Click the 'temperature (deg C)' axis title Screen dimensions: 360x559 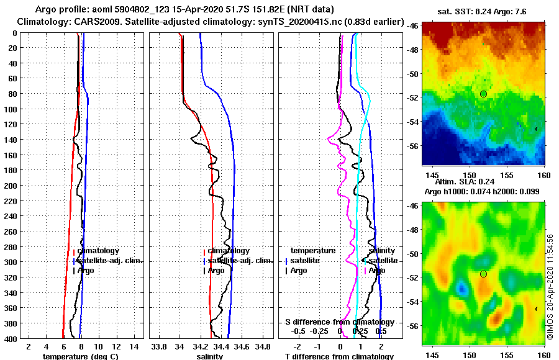(76, 356)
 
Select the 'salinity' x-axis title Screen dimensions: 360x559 (209, 356)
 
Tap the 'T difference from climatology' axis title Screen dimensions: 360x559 (339, 356)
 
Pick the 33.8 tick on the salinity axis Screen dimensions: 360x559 (159, 346)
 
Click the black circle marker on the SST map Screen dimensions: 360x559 (483, 94)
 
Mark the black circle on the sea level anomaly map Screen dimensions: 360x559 (483, 274)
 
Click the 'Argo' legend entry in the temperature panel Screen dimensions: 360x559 (86, 271)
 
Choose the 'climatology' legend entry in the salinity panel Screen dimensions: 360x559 (228, 251)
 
